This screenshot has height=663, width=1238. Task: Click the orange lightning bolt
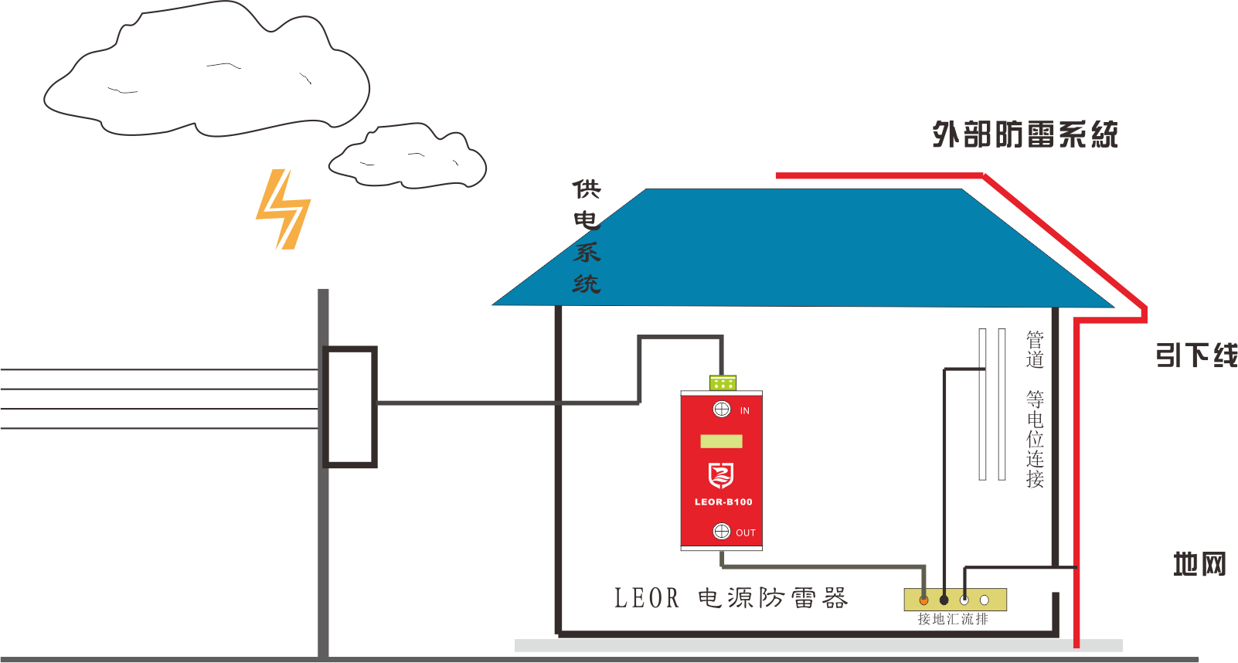pyautogui.click(x=283, y=209)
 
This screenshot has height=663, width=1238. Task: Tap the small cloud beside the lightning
pyautogui.click(x=407, y=158)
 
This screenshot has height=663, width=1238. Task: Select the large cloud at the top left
pyautogui.click(x=206, y=73)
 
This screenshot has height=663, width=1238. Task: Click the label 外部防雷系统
pyautogui.click(x=1025, y=134)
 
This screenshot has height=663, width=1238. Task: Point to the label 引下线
pyautogui.click(x=1195, y=355)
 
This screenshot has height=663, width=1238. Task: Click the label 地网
pyautogui.click(x=1199, y=564)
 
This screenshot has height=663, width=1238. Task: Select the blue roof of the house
pyautogui.click(x=804, y=247)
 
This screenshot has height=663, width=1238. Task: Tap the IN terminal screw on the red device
pyautogui.click(x=722, y=410)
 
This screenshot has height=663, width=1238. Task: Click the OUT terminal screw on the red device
pyautogui.click(x=722, y=531)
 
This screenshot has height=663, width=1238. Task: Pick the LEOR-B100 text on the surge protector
pyautogui.click(x=723, y=502)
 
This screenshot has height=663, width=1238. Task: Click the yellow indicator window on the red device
pyautogui.click(x=721, y=441)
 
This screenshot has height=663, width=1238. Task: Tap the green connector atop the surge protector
pyautogui.click(x=723, y=382)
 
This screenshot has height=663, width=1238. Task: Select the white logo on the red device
pyautogui.click(x=721, y=475)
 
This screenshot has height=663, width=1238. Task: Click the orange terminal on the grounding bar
pyautogui.click(x=923, y=600)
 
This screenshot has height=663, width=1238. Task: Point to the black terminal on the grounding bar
pyautogui.click(x=944, y=600)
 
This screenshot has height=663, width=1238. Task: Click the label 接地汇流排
pyautogui.click(x=953, y=619)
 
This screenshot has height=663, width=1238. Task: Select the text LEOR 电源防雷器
pyautogui.click(x=730, y=598)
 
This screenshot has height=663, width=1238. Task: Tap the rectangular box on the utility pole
pyautogui.click(x=349, y=406)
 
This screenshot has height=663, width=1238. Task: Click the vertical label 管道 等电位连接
pyautogui.click(x=1035, y=410)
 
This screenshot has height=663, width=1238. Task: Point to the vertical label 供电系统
pyautogui.click(x=587, y=236)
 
